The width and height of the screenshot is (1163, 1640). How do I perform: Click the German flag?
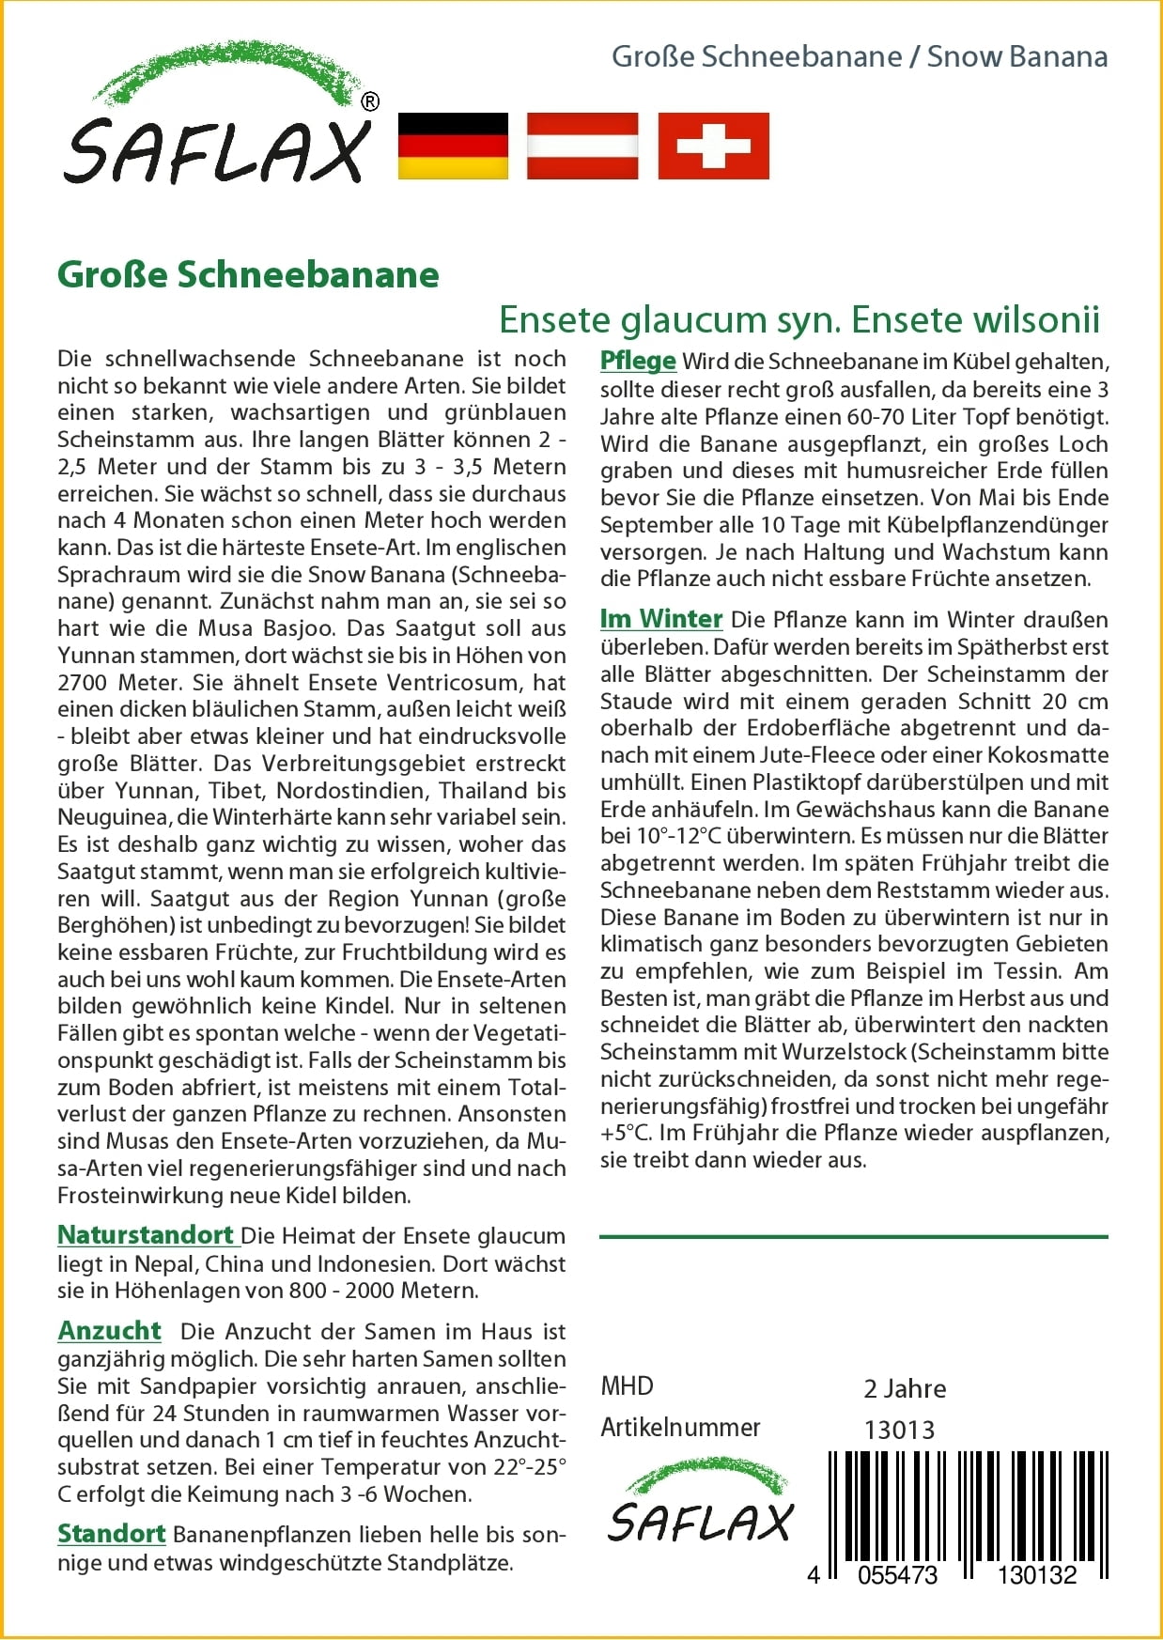[x=453, y=146]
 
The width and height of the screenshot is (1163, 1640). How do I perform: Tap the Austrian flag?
[x=582, y=146]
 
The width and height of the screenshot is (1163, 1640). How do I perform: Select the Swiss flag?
[x=713, y=146]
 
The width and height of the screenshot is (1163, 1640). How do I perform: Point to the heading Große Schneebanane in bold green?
[x=248, y=275]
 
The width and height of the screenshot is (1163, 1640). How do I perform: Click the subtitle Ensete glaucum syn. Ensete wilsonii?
[x=799, y=319]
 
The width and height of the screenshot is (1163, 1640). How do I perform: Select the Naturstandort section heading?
[x=146, y=1234]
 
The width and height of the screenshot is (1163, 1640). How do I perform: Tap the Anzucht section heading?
[x=109, y=1330]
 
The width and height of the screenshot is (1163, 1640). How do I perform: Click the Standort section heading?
[x=111, y=1533]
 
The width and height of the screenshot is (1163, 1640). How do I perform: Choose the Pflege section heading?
[x=638, y=361]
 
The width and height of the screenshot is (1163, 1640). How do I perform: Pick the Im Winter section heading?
[x=660, y=618]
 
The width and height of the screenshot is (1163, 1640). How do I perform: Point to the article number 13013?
[x=899, y=1430]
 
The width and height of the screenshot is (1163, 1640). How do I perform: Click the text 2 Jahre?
[x=905, y=1388]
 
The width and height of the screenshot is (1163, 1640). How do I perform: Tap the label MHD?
[x=627, y=1386]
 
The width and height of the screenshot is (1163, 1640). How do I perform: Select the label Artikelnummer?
[x=680, y=1428]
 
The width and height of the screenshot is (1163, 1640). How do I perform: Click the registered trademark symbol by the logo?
[x=370, y=101]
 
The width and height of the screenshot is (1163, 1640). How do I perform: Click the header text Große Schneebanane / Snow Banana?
[x=859, y=56]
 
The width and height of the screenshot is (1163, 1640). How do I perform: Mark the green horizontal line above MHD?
[x=853, y=1237]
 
